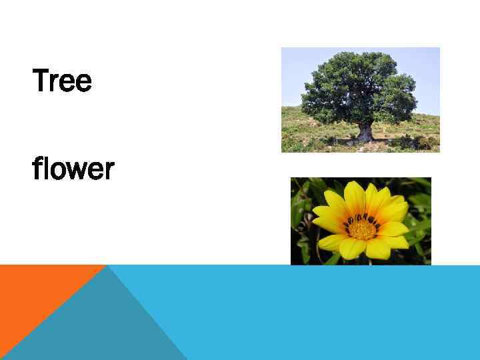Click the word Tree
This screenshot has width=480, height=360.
(x=62, y=82)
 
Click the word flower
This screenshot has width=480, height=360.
(x=73, y=169)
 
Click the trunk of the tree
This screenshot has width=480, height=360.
(x=364, y=132)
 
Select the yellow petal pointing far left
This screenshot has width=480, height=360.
(x=325, y=215)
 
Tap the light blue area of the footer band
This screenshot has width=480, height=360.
(x=333, y=313)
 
